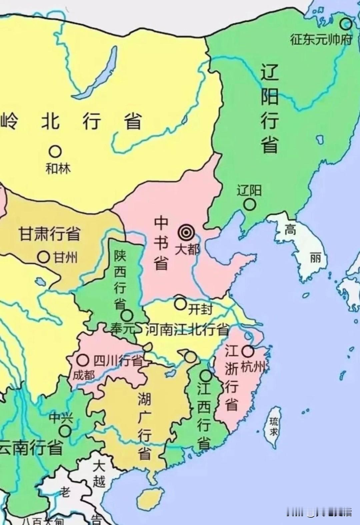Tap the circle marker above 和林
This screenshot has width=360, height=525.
click(x=56, y=152)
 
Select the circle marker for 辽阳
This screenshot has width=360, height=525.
click(x=250, y=204)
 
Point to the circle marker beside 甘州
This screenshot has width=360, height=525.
click(x=43, y=257)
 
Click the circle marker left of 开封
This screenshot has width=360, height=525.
click(x=180, y=304)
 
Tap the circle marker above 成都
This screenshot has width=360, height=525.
click(x=83, y=360)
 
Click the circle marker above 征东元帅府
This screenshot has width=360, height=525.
click(x=346, y=24)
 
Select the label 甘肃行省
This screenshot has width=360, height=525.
click(x=49, y=234)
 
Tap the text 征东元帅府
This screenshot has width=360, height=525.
click(x=321, y=40)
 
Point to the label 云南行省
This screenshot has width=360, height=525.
click(x=32, y=448)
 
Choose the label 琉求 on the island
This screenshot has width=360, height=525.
click(x=274, y=427)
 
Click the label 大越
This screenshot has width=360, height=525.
click(x=99, y=474)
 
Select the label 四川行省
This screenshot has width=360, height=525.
click(x=118, y=361)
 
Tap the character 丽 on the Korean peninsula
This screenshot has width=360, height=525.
click(x=315, y=258)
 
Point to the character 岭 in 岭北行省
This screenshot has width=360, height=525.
click(x=9, y=121)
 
